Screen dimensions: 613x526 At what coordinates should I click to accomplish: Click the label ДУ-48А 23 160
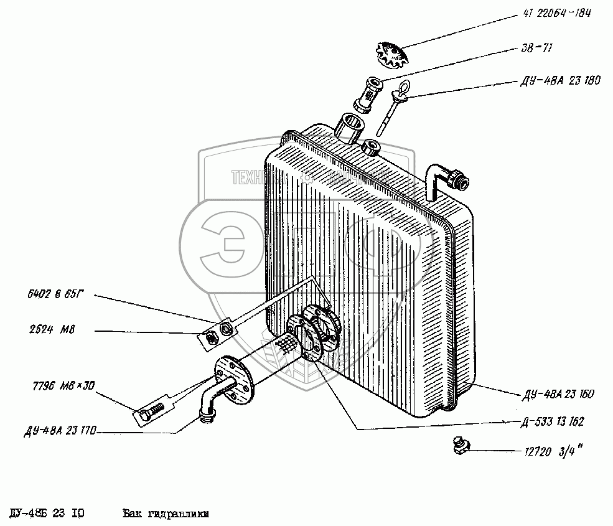click(x=557, y=394)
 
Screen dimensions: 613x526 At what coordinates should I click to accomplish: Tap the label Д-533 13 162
click(x=553, y=422)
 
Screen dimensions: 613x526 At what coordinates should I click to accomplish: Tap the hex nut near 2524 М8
click(x=211, y=337)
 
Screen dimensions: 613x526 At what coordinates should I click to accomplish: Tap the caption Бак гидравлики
click(x=165, y=514)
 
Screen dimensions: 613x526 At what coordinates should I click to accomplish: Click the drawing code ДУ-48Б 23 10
click(x=47, y=514)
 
